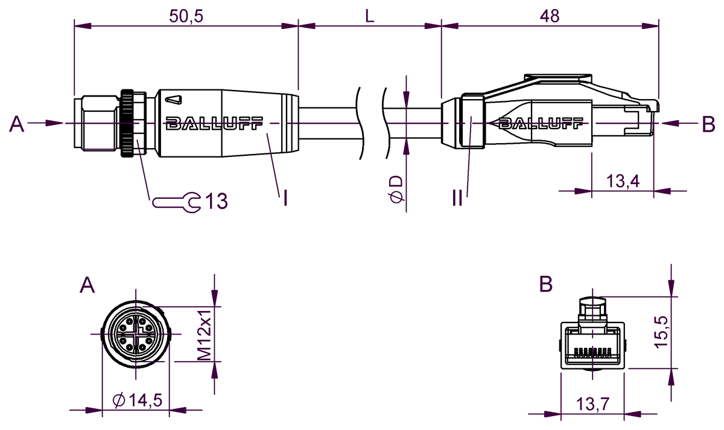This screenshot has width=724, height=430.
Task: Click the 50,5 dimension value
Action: pos(186,16)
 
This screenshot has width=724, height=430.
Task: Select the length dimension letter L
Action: pos(369,16)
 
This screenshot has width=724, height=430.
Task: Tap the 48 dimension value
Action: pos(550,16)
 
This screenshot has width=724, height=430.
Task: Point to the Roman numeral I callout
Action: pos(284,197)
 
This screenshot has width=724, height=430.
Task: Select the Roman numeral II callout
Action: pos(457,197)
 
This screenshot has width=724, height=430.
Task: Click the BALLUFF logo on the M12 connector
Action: pos(214,124)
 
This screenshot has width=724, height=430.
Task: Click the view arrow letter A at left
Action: pos(17,124)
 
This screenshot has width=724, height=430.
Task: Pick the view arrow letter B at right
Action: pos(708,124)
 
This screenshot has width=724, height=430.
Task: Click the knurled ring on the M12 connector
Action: pos(128,123)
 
